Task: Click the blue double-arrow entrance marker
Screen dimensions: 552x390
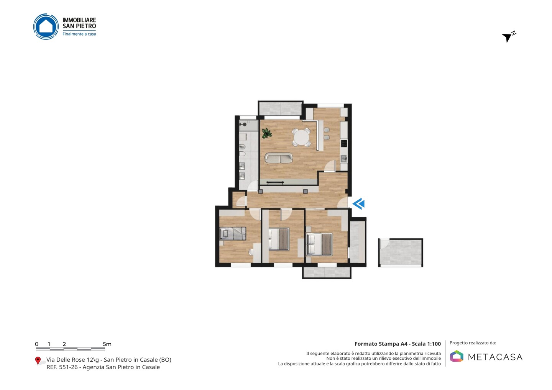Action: click(358, 203)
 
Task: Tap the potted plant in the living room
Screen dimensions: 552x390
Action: click(267, 133)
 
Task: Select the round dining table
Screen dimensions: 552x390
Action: click(301, 138)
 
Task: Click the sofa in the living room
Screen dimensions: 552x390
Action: click(278, 158)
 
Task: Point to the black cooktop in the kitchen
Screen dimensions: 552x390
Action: click(344, 143)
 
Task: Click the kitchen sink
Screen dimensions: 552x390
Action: click(344, 159)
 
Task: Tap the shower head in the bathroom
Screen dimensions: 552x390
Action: click(243, 125)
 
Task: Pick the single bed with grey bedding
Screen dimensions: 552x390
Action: click(233, 233)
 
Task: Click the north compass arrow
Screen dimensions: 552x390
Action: click(508, 37)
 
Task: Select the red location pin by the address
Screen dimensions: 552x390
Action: click(38, 361)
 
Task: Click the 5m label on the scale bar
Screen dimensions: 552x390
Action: click(107, 344)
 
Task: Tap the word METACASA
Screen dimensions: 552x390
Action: click(495, 357)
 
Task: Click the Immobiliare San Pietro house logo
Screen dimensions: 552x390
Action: click(46, 26)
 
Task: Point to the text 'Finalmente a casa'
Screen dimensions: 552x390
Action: click(79, 34)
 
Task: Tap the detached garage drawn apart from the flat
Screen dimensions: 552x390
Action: click(401, 252)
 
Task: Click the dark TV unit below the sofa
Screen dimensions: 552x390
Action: click(275, 182)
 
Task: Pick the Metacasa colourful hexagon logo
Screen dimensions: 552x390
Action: click(457, 356)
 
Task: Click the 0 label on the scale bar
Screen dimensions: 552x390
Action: click(36, 344)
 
